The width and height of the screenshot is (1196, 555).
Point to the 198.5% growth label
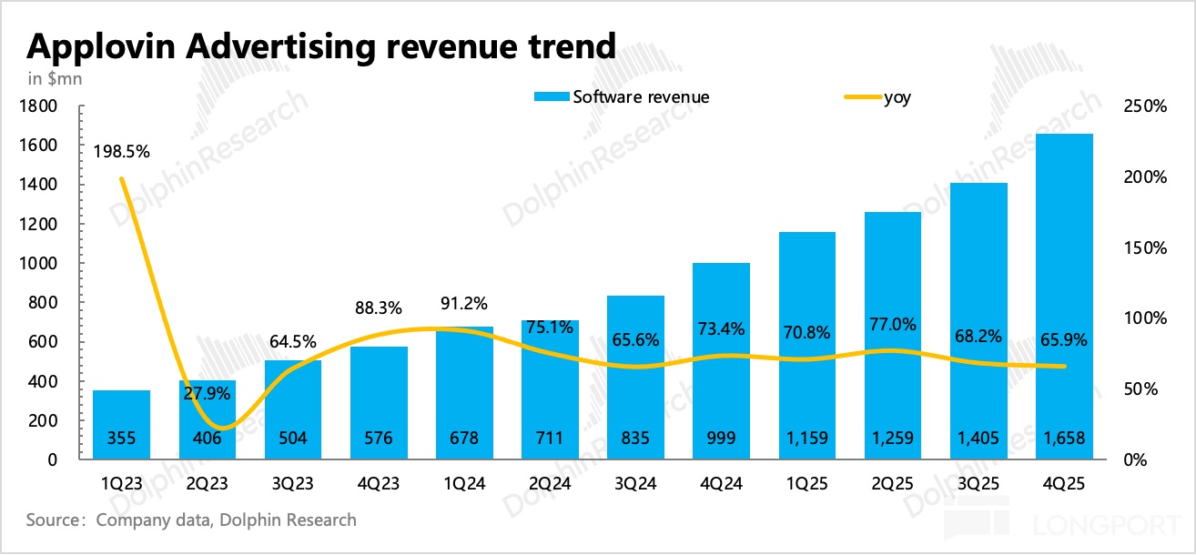(x=122, y=150)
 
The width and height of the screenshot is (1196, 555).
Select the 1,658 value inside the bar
(x=1064, y=439)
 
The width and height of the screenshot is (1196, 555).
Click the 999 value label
(x=721, y=439)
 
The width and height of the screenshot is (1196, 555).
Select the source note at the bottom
(x=191, y=520)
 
